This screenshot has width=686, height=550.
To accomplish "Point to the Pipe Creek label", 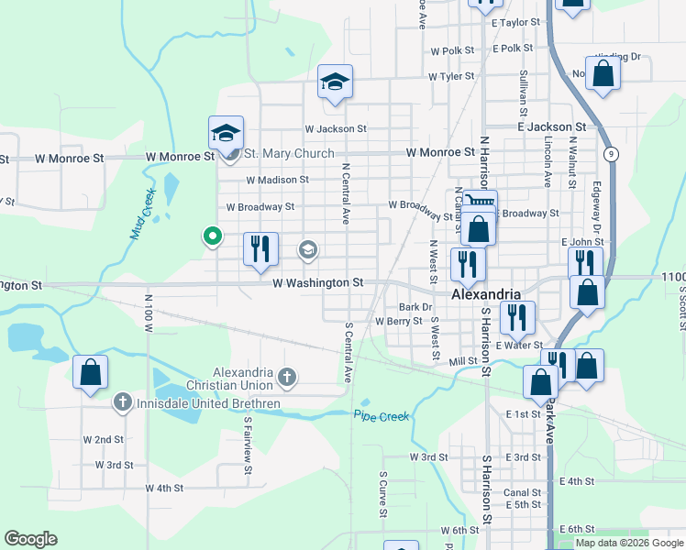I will click(382, 416).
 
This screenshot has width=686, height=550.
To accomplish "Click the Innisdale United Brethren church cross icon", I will click(122, 402).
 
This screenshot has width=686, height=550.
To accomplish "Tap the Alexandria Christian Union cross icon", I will click(287, 376).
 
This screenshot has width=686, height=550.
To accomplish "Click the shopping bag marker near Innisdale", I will click(90, 372).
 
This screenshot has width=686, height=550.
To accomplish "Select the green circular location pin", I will click(213, 236).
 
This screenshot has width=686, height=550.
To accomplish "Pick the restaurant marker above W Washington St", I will click(260, 248).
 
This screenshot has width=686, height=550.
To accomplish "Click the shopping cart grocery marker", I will click(480, 203).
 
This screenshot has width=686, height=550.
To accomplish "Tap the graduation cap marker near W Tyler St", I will click(335, 82).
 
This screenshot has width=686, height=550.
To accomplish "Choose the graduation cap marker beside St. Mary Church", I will click(225, 133).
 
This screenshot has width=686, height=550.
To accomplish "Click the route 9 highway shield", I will click(611, 154).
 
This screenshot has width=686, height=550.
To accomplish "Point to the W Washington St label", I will click(318, 283).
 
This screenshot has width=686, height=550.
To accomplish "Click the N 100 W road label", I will click(148, 313).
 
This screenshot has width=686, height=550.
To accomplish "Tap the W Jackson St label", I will click(336, 129).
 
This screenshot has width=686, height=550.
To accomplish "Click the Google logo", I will click(31, 539).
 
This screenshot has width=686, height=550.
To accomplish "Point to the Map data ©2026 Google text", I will click(628, 543).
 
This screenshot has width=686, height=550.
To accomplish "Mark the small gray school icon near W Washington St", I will click(308, 248).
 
